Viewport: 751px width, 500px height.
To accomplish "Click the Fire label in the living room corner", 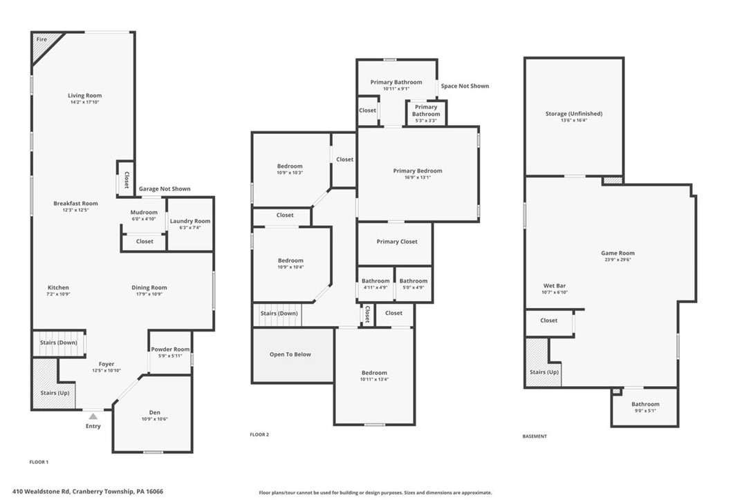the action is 41,39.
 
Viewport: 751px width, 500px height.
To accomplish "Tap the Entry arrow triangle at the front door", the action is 93,416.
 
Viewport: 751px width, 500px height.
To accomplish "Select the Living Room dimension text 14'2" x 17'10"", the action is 85,102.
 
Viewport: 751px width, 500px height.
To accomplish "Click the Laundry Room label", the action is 190,221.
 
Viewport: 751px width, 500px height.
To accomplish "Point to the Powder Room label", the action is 171,349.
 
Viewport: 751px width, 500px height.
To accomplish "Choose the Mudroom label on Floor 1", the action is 144,213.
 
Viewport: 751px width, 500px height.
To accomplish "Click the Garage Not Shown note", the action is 165,189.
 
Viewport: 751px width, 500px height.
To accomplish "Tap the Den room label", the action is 155,412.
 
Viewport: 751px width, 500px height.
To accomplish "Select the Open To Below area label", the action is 290,354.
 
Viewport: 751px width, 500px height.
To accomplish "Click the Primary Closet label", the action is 397,242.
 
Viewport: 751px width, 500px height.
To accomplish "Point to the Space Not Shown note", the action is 465,86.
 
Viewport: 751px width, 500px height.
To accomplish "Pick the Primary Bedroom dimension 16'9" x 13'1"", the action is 418,177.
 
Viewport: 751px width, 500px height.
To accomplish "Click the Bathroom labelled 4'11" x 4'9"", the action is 375,281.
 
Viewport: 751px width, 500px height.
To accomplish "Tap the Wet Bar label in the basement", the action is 555,286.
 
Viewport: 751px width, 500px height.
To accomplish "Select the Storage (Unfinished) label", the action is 574,114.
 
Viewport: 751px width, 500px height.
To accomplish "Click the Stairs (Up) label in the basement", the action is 544,372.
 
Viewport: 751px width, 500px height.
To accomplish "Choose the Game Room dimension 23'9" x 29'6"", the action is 618,260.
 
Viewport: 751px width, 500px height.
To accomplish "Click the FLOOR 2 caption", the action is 259,434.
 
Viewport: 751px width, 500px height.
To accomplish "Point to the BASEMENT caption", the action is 535,436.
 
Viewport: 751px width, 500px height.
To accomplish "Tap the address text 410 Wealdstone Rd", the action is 41,492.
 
